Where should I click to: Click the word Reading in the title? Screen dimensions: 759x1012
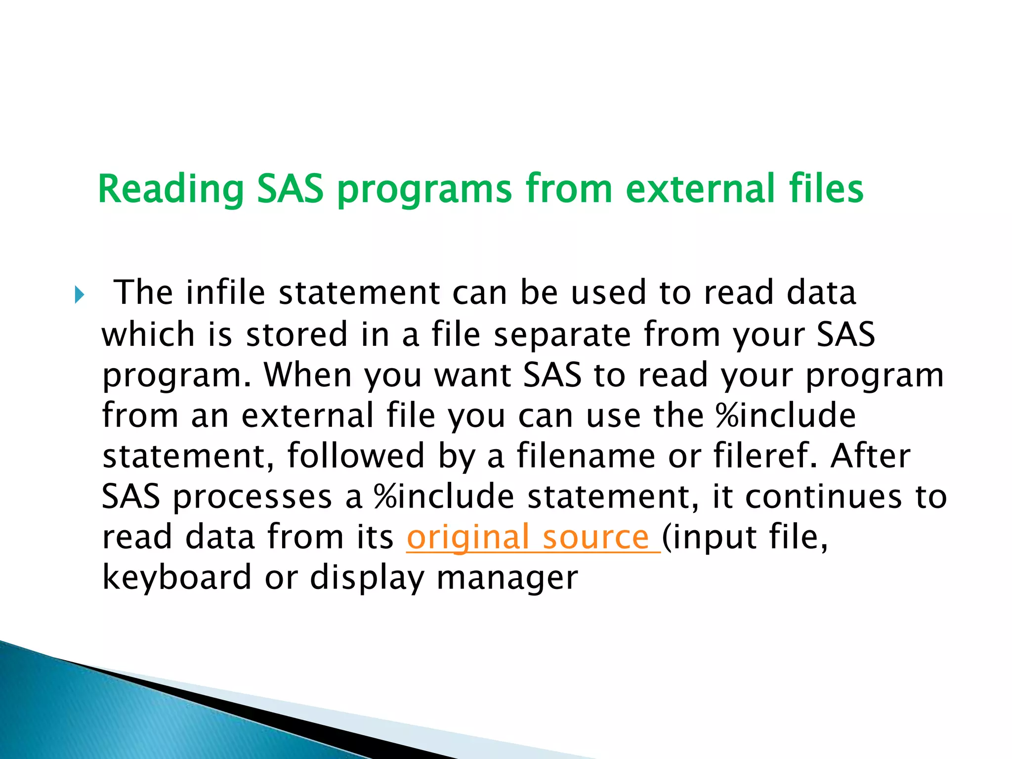click(x=171, y=189)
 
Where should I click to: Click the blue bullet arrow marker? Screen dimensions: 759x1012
click(x=79, y=295)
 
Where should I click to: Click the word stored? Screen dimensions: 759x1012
click(x=297, y=334)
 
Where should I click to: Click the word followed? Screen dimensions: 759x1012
click(x=356, y=456)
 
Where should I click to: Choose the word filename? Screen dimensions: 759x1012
click(x=586, y=456)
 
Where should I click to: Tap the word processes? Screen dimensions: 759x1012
click(x=252, y=497)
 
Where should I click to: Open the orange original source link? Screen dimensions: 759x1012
click(x=533, y=537)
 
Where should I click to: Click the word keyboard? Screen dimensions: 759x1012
click(x=177, y=577)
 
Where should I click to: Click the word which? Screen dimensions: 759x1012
click(x=148, y=334)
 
